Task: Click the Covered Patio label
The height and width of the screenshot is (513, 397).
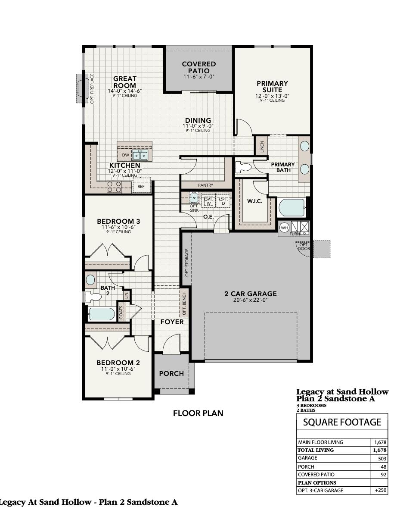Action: [x=198, y=67]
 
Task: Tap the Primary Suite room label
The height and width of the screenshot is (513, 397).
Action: [x=272, y=87]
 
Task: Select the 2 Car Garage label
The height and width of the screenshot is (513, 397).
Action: [x=250, y=294]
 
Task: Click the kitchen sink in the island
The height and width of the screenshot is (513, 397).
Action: [x=140, y=155]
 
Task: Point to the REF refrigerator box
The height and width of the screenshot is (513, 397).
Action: [x=141, y=186]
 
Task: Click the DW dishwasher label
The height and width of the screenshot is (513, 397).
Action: [x=125, y=155]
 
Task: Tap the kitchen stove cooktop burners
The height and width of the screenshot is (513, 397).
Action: [x=114, y=187]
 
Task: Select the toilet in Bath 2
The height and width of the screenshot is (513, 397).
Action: [x=92, y=296]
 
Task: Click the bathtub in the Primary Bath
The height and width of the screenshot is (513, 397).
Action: [x=292, y=208]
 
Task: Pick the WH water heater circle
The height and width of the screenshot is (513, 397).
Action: [x=284, y=228]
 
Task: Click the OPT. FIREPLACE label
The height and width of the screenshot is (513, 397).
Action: [x=92, y=88]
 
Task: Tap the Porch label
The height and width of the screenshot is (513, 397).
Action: [x=171, y=373]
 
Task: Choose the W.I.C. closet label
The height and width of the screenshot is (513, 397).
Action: [x=254, y=201]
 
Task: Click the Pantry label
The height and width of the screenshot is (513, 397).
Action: [x=205, y=185]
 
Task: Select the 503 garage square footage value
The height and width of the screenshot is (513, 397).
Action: [x=381, y=459]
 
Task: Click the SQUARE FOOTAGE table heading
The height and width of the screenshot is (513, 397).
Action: [x=342, y=422]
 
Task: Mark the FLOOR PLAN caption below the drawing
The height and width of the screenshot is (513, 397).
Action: [x=198, y=413]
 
